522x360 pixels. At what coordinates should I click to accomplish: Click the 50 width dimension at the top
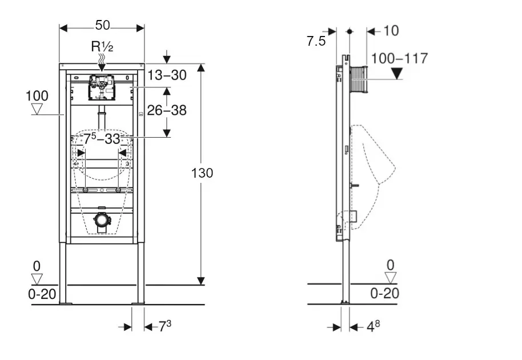[103, 25]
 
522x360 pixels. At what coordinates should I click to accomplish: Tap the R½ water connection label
[103, 47]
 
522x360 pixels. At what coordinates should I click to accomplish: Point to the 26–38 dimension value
[167, 110]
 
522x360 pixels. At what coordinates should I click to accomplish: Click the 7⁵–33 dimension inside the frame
[102, 139]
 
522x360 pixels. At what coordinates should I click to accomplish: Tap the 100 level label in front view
[37, 95]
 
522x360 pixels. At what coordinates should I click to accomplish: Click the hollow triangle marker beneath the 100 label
[38, 109]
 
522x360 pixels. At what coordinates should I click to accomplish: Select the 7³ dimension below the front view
[164, 326]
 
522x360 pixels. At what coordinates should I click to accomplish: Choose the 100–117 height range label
[399, 58]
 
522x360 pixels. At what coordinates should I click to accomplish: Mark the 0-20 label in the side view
[384, 294]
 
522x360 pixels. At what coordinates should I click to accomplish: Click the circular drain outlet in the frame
[102, 220]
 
